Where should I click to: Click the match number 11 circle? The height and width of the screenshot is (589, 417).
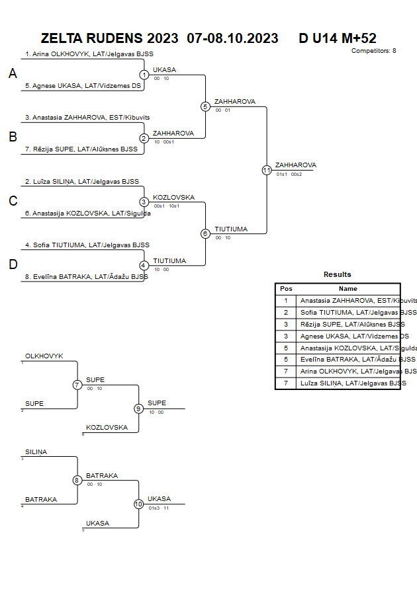[267, 170]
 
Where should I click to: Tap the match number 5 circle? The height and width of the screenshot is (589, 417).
[205, 106]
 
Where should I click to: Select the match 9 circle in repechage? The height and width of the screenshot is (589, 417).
[138, 409]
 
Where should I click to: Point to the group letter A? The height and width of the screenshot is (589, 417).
[13, 74]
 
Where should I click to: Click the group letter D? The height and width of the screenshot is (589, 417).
[13, 264]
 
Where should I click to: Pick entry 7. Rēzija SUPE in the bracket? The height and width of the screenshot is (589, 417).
[81, 149]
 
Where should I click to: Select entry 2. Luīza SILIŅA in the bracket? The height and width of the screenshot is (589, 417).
[82, 181]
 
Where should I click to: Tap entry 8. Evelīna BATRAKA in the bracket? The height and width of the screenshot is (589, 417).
[87, 277]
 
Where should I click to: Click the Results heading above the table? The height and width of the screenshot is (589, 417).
[338, 274]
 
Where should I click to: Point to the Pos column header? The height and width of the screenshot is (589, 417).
[286, 289]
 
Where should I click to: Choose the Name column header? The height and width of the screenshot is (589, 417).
[348, 289]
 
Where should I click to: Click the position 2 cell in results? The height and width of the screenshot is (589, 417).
[286, 312]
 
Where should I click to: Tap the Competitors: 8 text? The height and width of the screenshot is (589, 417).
[374, 51]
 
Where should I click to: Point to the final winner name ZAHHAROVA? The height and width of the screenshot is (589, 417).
[296, 165]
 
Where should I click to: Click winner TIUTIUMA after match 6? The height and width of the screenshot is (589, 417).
[231, 229]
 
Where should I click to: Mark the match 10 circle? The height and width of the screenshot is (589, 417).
[138, 504]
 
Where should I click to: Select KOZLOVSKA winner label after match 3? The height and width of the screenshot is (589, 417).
[173, 197]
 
